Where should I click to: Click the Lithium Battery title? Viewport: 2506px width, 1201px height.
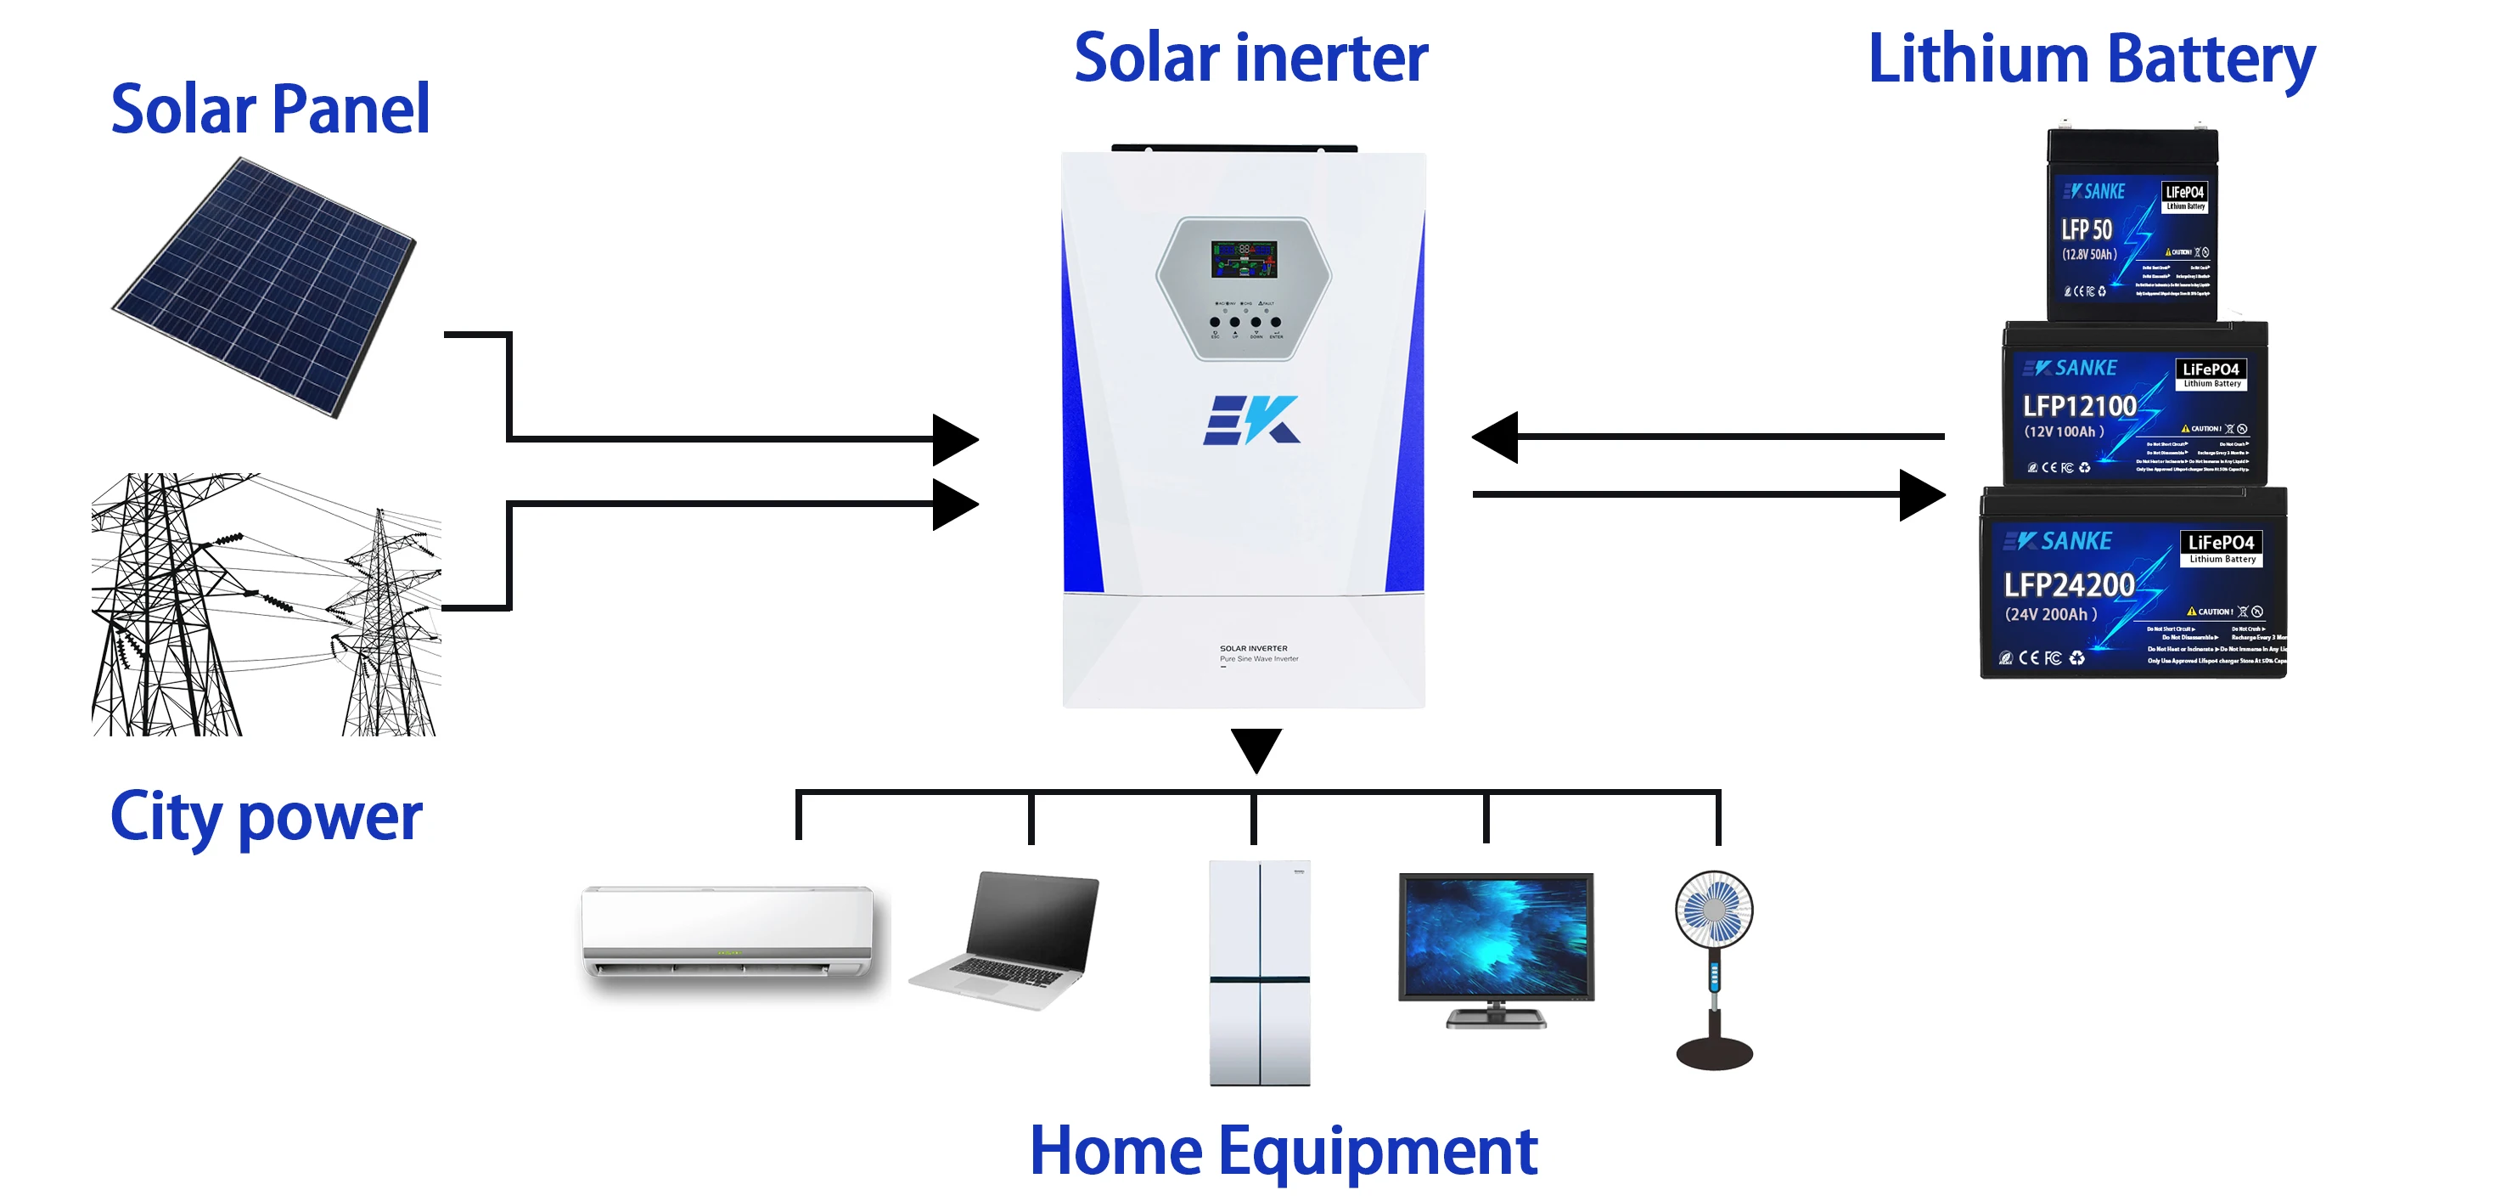[x=2091, y=60]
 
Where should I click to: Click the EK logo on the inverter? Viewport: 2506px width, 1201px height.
[x=1251, y=420]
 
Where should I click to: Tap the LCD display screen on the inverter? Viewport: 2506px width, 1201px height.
[x=1244, y=259]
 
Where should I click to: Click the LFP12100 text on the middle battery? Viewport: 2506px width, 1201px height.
[x=2079, y=406]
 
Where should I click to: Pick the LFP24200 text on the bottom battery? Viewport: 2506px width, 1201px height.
[x=2068, y=585]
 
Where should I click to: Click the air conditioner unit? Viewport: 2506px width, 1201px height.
[x=728, y=933]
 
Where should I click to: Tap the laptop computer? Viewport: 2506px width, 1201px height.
[x=1007, y=940]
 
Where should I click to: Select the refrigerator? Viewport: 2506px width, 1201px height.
[x=1259, y=973]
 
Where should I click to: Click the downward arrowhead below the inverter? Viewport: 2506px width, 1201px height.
[x=1255, y=748]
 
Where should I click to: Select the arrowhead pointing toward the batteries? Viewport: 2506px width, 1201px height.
[x=1921, y=494]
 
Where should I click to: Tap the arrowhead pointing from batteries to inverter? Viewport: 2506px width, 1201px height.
[x=1495, y=437]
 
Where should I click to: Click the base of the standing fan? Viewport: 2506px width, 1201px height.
[x=1713, y=1052]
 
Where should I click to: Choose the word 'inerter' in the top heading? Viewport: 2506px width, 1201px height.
[x=1332, y=59]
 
